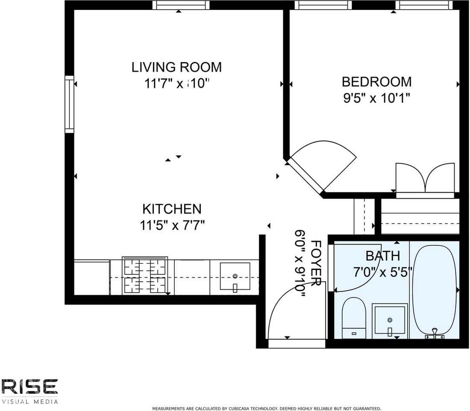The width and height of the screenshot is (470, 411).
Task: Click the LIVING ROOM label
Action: click(x=176, y=67)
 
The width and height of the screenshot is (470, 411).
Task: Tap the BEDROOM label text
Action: click(x=376, y=81)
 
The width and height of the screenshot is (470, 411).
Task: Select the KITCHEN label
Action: click(x=171, y=209)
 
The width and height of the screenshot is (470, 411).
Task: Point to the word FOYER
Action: click(x=316, y=263)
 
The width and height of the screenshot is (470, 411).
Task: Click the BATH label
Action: click(x=382, y=256)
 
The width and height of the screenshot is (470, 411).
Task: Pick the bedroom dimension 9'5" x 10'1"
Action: click(x=376, y=98)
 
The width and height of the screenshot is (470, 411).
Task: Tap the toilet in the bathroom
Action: click(x=354, y=317)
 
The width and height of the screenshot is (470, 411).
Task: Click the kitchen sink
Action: click(x=235, y=277)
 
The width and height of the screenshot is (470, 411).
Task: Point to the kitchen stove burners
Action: click(x=145, y=275)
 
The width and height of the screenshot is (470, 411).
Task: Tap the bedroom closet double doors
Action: click(x=425, y=179)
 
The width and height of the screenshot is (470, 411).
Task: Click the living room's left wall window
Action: click(x=69, y=103)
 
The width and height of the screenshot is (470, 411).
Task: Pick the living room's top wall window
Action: click(x=181, y=5)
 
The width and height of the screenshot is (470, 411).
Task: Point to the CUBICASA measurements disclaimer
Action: click(x=266, y=408)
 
